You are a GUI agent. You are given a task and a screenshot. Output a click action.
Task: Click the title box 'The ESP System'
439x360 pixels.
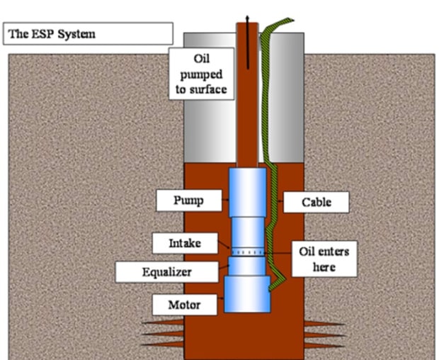(88, 33)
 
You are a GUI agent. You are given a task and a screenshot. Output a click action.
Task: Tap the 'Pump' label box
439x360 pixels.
(188, 201)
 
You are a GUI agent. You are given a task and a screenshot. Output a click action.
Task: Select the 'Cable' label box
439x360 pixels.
(316, 202)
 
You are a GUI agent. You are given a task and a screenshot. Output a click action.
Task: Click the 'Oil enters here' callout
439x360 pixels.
(321, 259)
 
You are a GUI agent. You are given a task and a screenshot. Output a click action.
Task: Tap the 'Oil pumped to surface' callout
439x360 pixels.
(201, 73)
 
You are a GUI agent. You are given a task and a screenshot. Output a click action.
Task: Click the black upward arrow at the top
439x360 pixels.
(247, 21)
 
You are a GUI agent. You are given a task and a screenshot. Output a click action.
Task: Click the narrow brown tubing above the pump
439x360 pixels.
(247, 106)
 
